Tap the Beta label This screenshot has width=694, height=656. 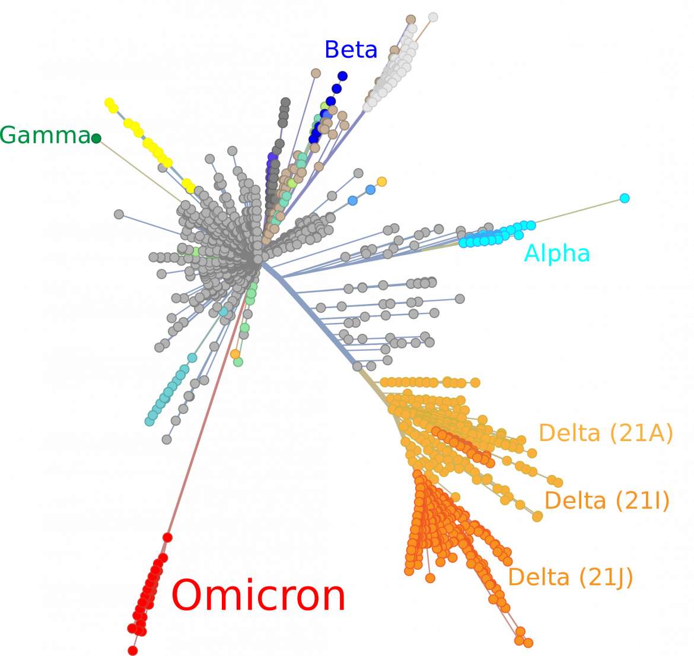(x=351, y=49)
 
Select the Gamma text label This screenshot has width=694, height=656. (x=45, y=135)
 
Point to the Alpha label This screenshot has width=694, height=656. (x=557, y=253)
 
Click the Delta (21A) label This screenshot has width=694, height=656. (x=606, y=433)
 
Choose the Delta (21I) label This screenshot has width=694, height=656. (x=607, y=501)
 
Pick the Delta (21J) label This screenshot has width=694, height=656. (x=571, y=577)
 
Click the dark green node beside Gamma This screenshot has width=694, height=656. (x=96, y=139)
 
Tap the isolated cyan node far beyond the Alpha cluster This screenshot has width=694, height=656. (x=625, y=198)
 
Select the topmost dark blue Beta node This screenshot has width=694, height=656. (x=342, y=76)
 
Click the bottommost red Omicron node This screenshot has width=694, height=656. (x=132, y=650)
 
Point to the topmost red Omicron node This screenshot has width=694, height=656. (x=167, y=537)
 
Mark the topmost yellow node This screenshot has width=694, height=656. (x=109, y=103)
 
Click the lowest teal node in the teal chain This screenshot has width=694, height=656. (x=149, y=422)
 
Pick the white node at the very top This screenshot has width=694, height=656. (x=434, y=17)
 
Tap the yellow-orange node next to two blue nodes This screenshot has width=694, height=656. (x=381, y=182)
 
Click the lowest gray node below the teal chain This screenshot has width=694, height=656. (x=167, y=439)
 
